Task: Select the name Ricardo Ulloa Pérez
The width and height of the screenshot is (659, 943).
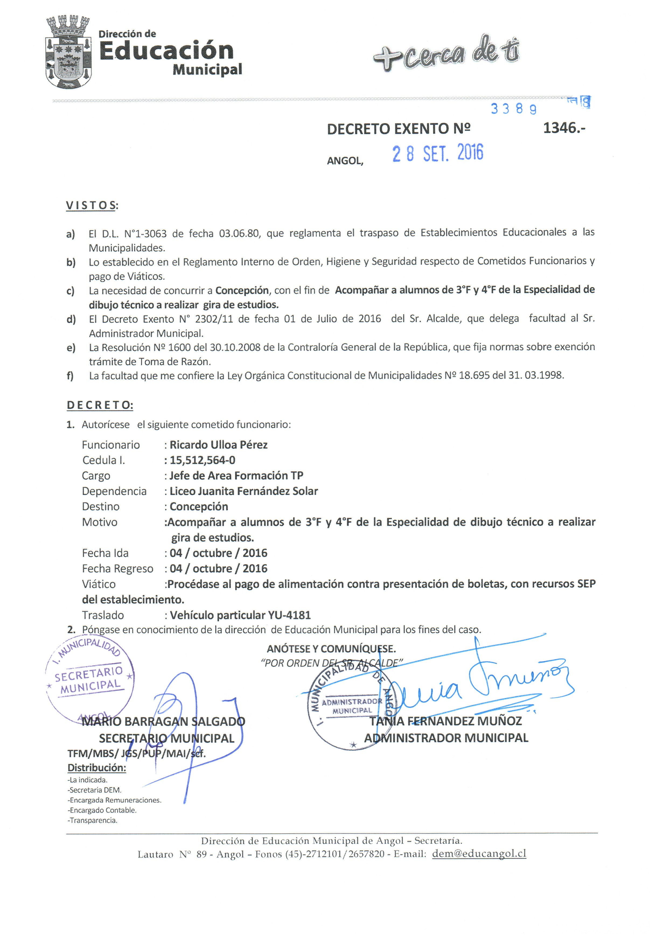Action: pyautogui.click(x=218, y=445)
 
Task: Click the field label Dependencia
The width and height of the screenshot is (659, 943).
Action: pyautogui.click(x=114, y=491)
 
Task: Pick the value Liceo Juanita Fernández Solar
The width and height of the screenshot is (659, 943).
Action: pyautogui.click(x=243, y=491)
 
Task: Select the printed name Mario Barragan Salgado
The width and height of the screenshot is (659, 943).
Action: pyautogui.click(x=164, y=722)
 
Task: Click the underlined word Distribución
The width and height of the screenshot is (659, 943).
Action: pyautogui.click(x=97, y=768)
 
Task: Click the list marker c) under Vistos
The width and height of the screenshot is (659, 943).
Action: pyautogui.click(x=70, y=291)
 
